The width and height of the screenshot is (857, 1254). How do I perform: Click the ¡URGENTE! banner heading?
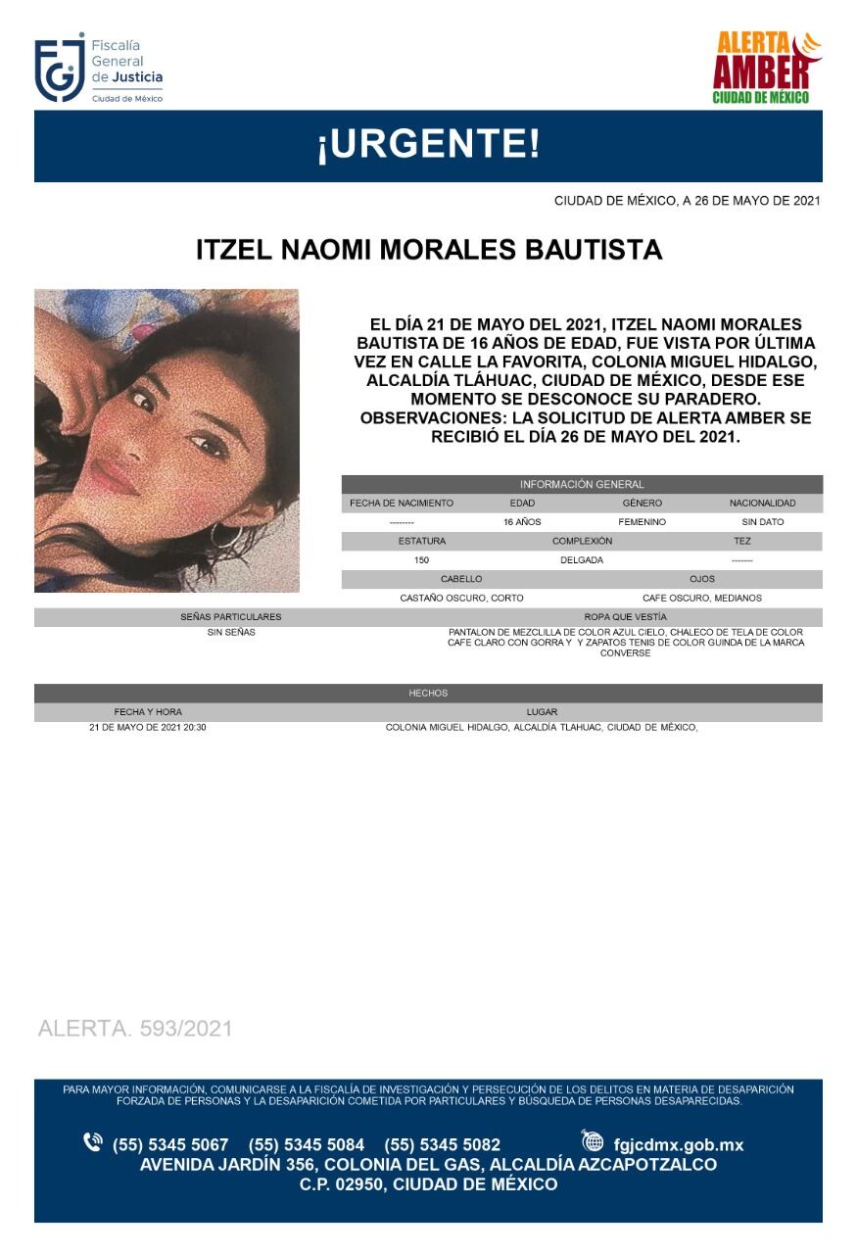pyautogui.click(x=428, y=145)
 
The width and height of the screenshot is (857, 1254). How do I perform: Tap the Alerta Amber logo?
pyautogui.click(x=766, y=67)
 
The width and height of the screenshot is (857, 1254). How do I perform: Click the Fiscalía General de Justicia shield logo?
pyautogui.click(x=59, y=69)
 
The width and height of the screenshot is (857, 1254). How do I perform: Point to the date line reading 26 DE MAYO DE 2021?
pyautogui.click(x=687, y=201)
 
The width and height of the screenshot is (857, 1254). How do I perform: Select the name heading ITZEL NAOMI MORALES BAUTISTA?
pyautogui.click(x=429, y=250)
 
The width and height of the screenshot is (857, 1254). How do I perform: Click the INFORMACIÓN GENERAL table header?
pyautogui.click(x=582, y=484)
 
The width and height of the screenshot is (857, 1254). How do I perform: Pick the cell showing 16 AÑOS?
pyautogui.click(x=522, y=522)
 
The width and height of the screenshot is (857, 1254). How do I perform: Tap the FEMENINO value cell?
pyautogui.click(x=642, y=522)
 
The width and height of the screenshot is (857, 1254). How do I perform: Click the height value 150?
pyautogui.click(x=422, y=560)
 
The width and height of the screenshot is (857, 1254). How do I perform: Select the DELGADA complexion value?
pyautogui.click(x=582, y=560)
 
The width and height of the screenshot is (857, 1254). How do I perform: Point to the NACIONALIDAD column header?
pyautogui.click(x=762, y=503)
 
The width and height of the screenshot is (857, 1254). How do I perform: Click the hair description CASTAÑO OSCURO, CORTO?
pyautogui.click(x=461, y=598)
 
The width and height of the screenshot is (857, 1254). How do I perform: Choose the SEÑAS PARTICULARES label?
pyautogui.click(x=231, y=617)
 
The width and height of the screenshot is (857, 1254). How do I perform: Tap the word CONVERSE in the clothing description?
pyautogui.click(x=625, y=653)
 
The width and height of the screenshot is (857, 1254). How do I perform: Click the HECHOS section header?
pyautogui.click(x=428, y=693)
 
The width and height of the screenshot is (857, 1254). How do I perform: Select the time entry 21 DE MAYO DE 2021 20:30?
pyautogui.click(x=148, y=728)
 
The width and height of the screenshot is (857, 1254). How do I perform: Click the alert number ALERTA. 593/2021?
pyautogui.click(x=135, y=1029)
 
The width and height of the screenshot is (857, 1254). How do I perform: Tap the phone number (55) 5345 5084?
pyautogui.click(x=307, y=1144)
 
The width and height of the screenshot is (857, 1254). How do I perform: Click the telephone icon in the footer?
pyautogui.click(x=93, y=1142)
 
